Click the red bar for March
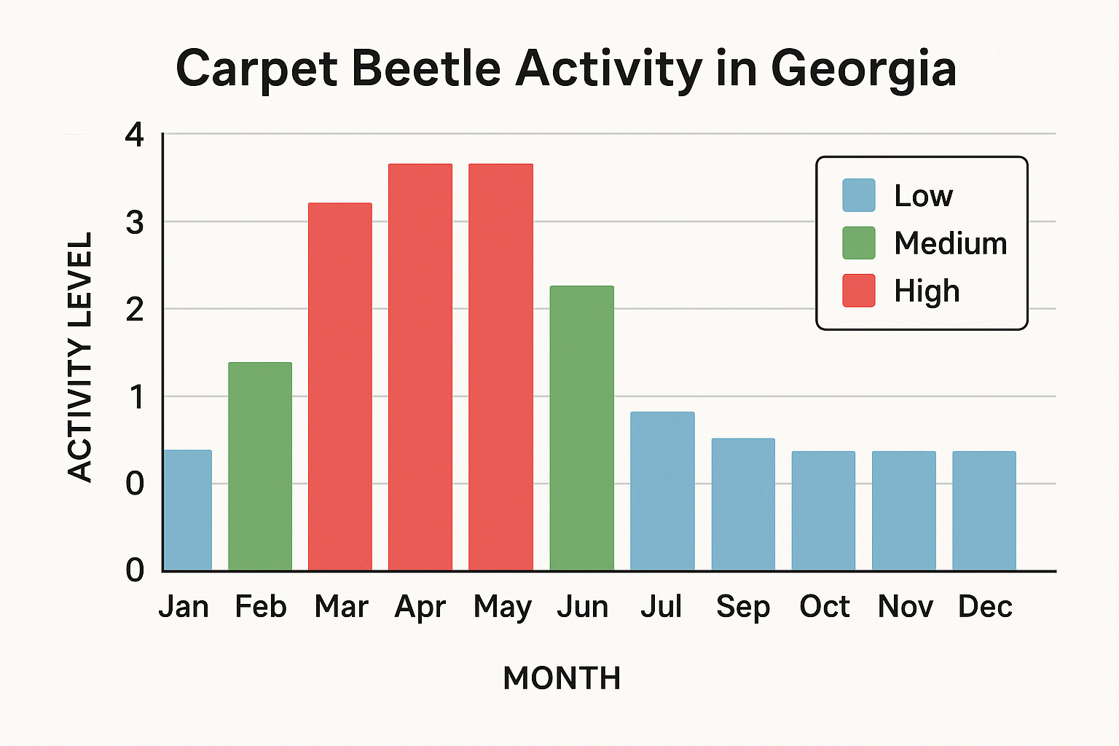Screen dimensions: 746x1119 tap(340, 386)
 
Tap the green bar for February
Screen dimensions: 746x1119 tap(260, 466)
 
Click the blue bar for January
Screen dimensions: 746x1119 tap(188, 510)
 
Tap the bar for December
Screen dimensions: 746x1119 tap(984, 510)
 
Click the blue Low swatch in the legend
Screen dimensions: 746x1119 tap(859, 195)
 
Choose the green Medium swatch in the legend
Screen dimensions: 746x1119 tap(859, 243)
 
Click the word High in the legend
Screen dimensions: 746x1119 tap(927, 291)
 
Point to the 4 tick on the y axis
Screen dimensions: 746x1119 tap(135, 136)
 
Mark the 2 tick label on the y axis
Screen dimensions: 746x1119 tap(135, 310)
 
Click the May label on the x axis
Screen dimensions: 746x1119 tap(502, 607)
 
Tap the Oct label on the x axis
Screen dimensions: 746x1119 tap(824, 607)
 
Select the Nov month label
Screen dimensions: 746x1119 tap(905, 607)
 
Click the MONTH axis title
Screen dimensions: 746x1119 tap(562, 678)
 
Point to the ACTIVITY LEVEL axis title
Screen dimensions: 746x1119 tap(80, 357)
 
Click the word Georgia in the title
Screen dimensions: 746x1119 tap(863, 70)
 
